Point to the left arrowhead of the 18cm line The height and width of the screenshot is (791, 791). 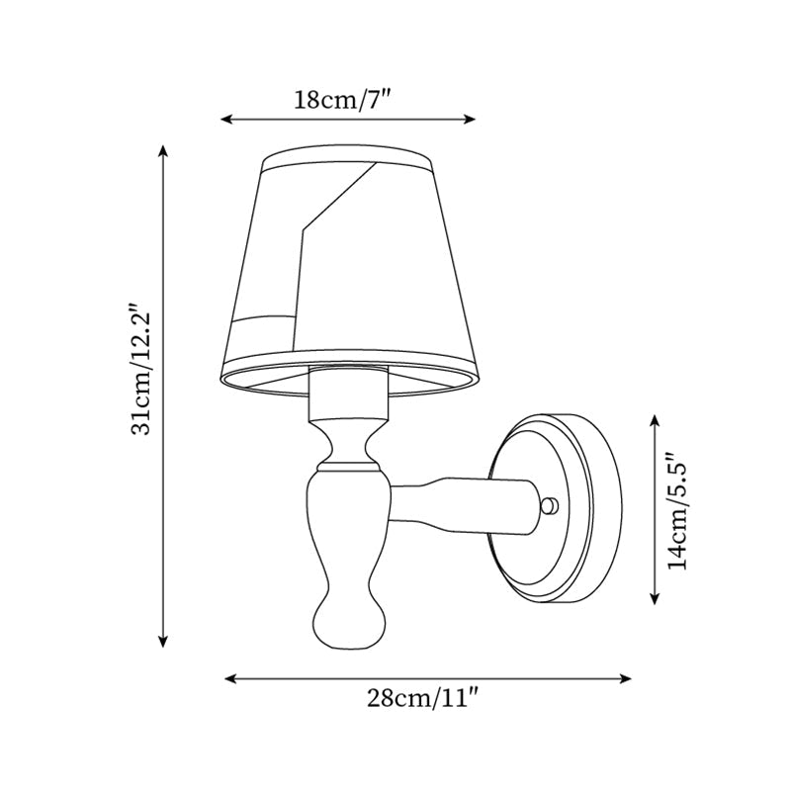224,119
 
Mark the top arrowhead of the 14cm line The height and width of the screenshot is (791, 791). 655,420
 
